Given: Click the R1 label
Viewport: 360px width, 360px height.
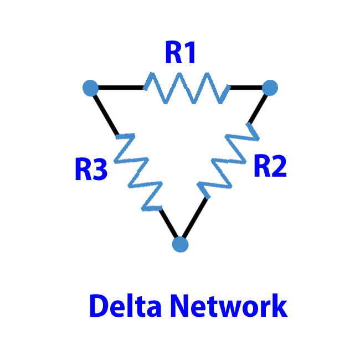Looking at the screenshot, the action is [180, 53].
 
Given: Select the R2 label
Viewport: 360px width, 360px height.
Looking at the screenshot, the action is [270, 166].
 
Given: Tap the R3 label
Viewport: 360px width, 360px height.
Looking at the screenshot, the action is [91, 169].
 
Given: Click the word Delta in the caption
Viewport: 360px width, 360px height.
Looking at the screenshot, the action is [125, 306].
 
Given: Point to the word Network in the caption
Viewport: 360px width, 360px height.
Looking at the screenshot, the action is [229, 306].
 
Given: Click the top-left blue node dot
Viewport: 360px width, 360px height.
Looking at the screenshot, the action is [90, 88].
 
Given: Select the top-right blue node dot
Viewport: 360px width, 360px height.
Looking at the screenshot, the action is [270, 88].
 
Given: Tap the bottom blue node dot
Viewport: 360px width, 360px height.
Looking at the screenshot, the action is [180, 244].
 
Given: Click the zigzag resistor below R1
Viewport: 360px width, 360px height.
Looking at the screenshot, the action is [187, 88].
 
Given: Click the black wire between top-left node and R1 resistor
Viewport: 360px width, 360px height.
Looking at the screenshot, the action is [121, 88].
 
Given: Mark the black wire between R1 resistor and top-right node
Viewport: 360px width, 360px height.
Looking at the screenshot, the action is [246, 88].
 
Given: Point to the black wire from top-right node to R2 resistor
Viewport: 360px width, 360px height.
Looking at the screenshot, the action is [258, 109].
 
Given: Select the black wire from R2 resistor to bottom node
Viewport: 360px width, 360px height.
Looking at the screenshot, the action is [195, 218].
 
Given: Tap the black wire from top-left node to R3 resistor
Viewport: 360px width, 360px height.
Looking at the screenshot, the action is [106, 114].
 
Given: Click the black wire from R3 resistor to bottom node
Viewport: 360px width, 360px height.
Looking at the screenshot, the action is [169, 223].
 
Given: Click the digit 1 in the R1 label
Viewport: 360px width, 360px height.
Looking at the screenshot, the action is [189, 53].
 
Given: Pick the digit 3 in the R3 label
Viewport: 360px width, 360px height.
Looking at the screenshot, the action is [100, 169].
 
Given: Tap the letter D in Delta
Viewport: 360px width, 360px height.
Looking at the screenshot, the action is [99, 306].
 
